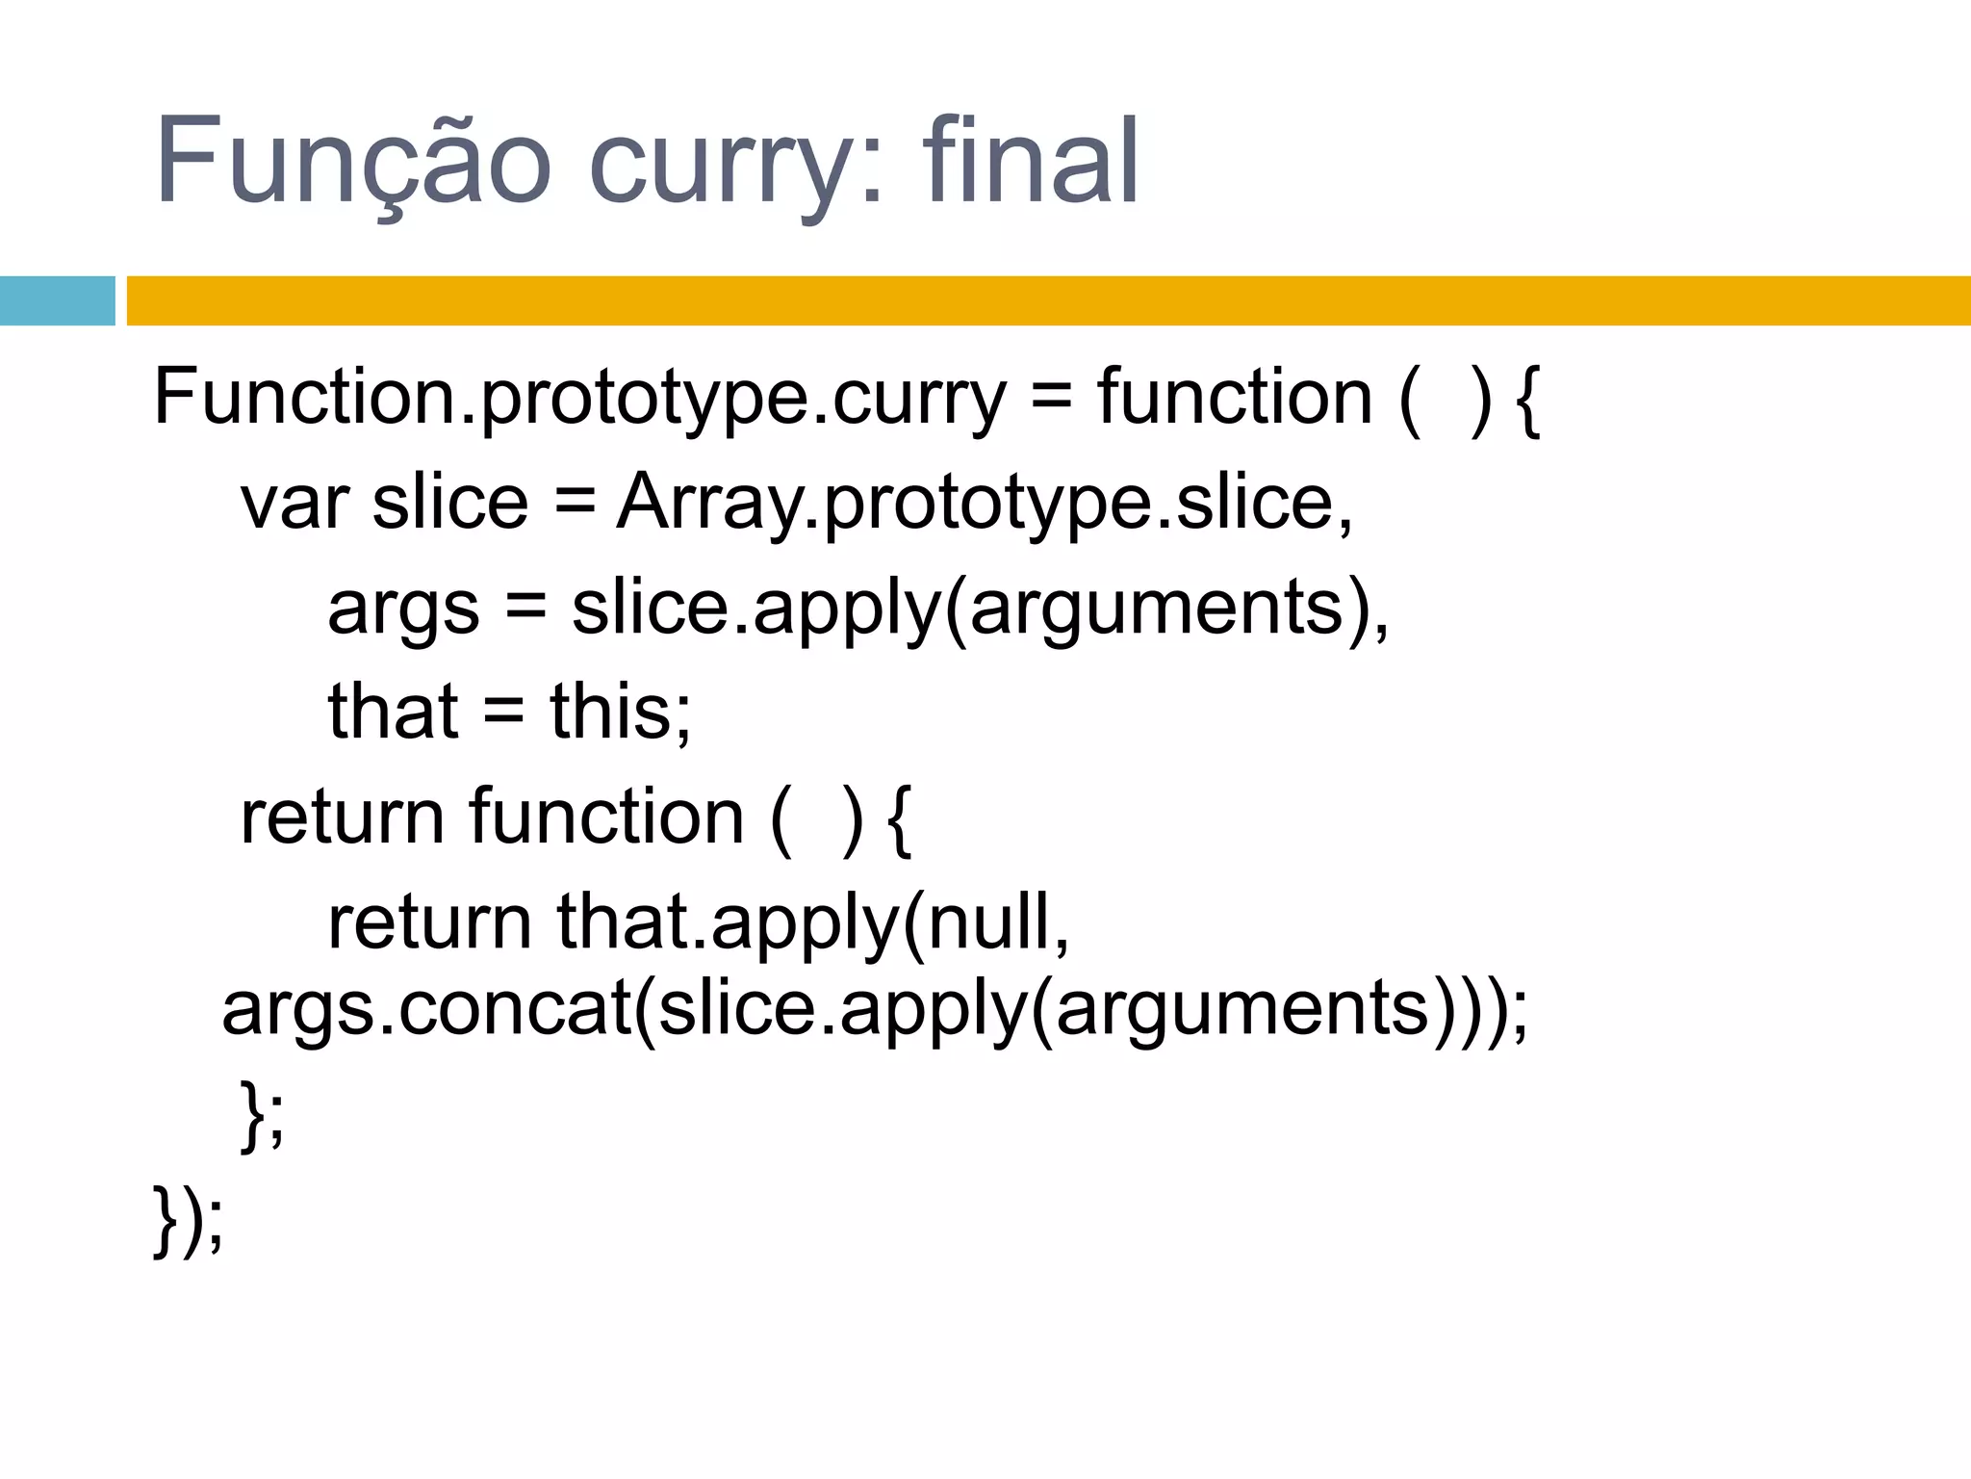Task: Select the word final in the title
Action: [x=1031, y=162]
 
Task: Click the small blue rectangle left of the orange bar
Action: [x=57, y=300]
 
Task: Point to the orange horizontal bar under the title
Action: [x=1048, y=300]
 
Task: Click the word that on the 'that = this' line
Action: [x=393, y=713]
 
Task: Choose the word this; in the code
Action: [x=621, y=713]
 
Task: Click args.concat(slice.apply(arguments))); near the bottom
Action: [x=874, y=1009]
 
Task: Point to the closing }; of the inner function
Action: [x=263, y=1115]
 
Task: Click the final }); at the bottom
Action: [x=189, y=1221]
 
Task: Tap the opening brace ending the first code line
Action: [x=1527, y=399]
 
